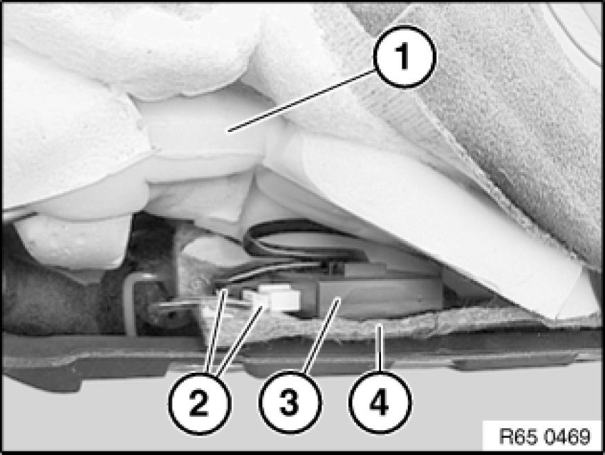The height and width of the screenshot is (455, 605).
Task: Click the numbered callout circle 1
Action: (x=404, y=56)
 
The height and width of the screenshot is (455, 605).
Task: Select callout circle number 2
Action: (x=200, y=404)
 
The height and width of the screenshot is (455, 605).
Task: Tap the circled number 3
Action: (x=290, y=403)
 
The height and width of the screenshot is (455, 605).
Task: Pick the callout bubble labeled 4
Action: (x=380, y=403)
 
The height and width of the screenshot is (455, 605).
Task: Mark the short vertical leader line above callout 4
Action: (x=380, y=349)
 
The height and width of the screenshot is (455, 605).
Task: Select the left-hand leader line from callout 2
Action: (x=216, y=331)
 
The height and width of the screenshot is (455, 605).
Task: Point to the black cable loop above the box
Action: (x=305, y=239)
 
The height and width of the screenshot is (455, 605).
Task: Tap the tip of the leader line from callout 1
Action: (x=228, y=132)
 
